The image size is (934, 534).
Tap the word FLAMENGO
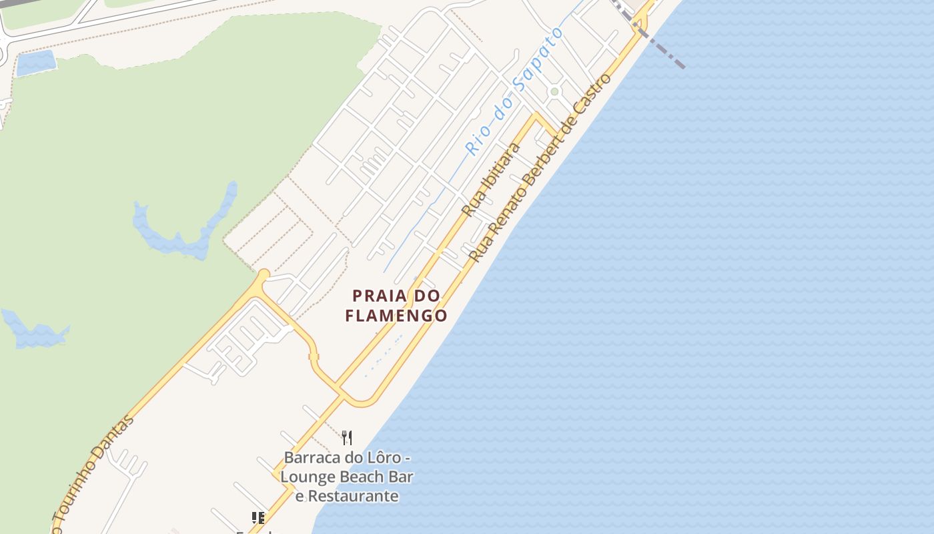(x=396, y=315)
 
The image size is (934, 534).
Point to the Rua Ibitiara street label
(x=491, y=179)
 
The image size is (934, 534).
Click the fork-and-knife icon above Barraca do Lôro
(x=347, y=437)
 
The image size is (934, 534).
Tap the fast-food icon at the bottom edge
(x=258, y=517)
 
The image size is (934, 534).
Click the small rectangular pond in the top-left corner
(x=35, y=63)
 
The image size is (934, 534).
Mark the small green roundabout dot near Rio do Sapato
(x=554, y=91)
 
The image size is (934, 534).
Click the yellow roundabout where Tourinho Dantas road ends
(x=264, y=274)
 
